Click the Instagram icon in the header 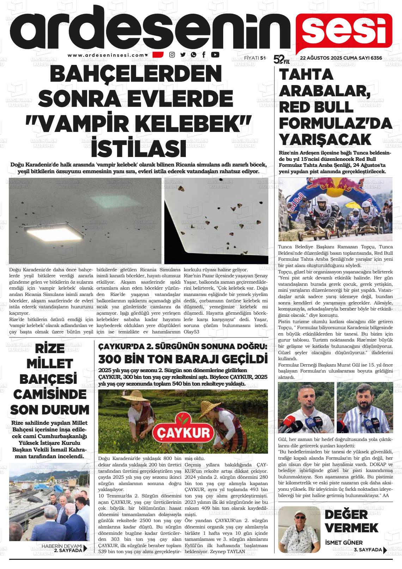pyautogui.click(x=172, y=55)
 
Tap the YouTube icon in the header pyautogui.click(x=215, y=55)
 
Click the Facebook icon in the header pyautogui.click(x=204, y=55)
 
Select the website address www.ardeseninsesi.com pyautogui.click(x=106, y=55)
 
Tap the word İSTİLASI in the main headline pyautogui.click(x=139, y=149)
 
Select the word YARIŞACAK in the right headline pyautogui.click(x=325, y=140)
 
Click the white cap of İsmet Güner pyautogui.click(x=299, y=513)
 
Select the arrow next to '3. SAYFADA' pyautogui.click(x=385, y=550)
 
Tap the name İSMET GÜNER pyautogui.click(x=343, y=543)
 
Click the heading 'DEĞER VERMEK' pyautogui.click(x=351, y=521)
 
